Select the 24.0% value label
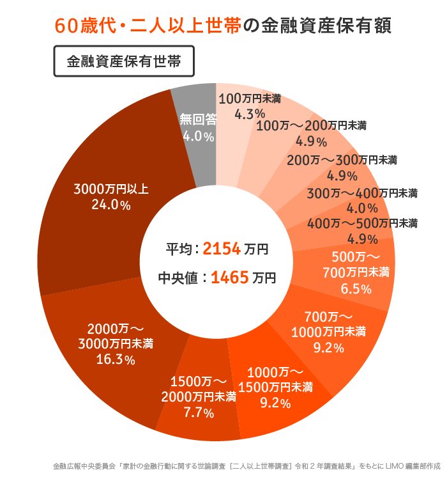[x=111, y=206]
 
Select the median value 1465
[x=229, y=278]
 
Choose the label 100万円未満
[x=250, y=98]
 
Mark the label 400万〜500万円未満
[x=362, y=224]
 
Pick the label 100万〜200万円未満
[x=311, y=125]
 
